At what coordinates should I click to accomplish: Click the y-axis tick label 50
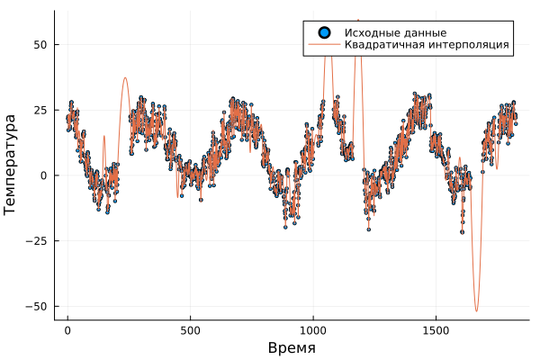coord(40,44)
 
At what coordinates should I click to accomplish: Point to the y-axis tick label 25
coord(40,110)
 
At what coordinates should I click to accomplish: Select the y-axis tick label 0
coord(44,175)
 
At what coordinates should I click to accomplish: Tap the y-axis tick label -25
coord(37,240)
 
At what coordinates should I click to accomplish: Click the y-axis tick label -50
coord(37,306)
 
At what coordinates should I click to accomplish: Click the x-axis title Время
coord(292,347)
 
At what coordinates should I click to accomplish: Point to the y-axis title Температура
coord(11,164)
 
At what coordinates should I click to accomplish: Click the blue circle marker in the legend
coord(322,32)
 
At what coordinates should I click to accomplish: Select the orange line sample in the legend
coord(322,44)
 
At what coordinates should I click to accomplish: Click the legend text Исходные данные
coord(389,32)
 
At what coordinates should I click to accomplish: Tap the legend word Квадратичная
coord(380,44)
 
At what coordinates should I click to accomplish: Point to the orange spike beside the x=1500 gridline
coord(459,160)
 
